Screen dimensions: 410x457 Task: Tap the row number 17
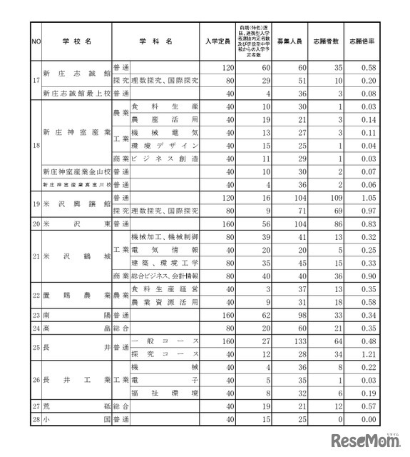35,79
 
